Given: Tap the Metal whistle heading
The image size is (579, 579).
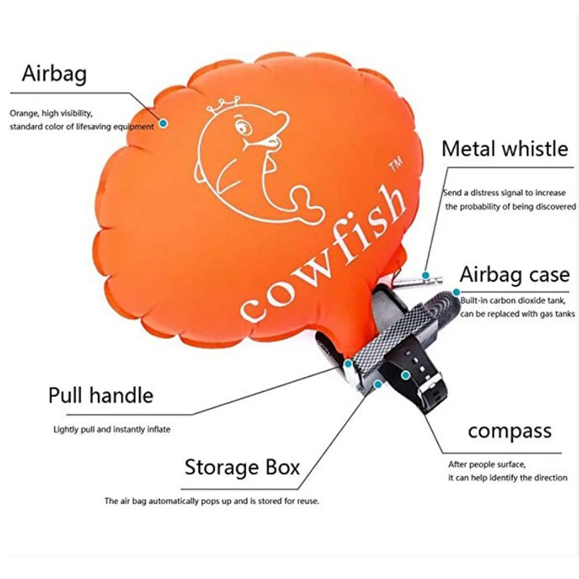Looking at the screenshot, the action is pos(505,149).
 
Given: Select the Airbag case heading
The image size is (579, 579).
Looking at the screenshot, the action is pos(514,274).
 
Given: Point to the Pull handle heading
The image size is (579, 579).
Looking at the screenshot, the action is pos(101,395).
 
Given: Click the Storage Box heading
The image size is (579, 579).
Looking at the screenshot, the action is pos(242,467).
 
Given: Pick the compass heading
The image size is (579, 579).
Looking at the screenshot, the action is pos(510,431).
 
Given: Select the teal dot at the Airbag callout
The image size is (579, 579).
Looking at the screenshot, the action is pos(164,123).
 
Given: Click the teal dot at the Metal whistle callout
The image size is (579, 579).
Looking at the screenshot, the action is pos(426,275).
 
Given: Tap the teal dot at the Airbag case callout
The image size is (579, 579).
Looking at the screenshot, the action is pos(456,292).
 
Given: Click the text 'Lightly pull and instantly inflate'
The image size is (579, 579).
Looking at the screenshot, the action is pos(112,430).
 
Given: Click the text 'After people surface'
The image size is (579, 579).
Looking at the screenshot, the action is pos(486,464).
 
